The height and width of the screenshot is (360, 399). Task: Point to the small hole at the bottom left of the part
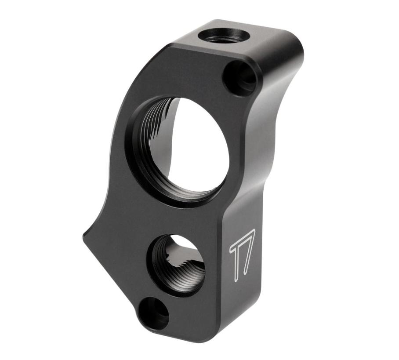[x=153, y=313]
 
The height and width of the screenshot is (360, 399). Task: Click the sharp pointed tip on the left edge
[x=83, y=232]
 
